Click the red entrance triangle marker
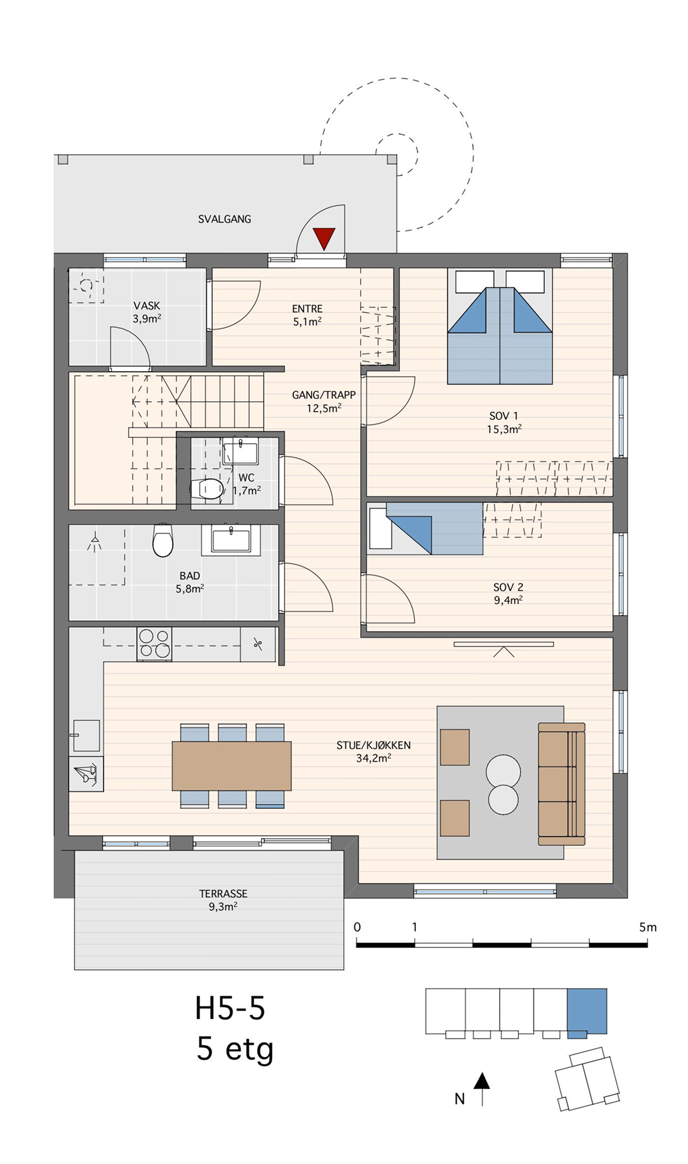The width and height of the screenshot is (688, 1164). [324, 238]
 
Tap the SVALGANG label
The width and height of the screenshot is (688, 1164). [225, 219]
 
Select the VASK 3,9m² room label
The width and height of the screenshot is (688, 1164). [147, 312]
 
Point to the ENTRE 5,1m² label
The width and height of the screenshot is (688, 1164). [307, 315]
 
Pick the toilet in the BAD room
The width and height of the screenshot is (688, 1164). [163, 540]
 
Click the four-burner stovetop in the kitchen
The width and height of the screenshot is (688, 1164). [154, 644]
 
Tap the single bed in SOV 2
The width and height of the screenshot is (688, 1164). [425, 529]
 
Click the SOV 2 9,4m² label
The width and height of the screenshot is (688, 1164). [508, 593]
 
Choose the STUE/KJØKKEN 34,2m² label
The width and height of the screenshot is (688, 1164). [373, 752]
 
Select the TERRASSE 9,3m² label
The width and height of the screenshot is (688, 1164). [223, 900]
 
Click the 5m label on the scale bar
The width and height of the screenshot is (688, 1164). [648, 927]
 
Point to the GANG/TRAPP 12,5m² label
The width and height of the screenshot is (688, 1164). [324, 402]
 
